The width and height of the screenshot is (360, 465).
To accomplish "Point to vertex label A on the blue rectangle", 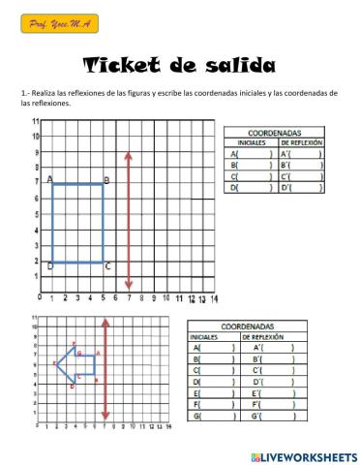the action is click(x=49, y=179).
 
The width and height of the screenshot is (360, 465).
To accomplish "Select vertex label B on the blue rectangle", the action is click(x=106, y=180).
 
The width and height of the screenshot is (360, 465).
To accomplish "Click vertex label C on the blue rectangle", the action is click(x=107, y=266).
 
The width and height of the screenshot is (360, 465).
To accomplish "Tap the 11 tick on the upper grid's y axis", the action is click(x=36, y=122).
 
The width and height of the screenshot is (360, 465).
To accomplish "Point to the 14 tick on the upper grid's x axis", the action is click(x=214, y=297).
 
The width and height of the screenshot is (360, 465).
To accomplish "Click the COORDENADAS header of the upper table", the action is click(x=274, y=132).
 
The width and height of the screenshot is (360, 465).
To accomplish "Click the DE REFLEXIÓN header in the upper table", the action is click(x=300, y=142).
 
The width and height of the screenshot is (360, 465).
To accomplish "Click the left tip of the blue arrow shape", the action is click(x=56, y=364).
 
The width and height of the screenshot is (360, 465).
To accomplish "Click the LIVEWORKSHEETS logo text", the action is click(x=308, y=455).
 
